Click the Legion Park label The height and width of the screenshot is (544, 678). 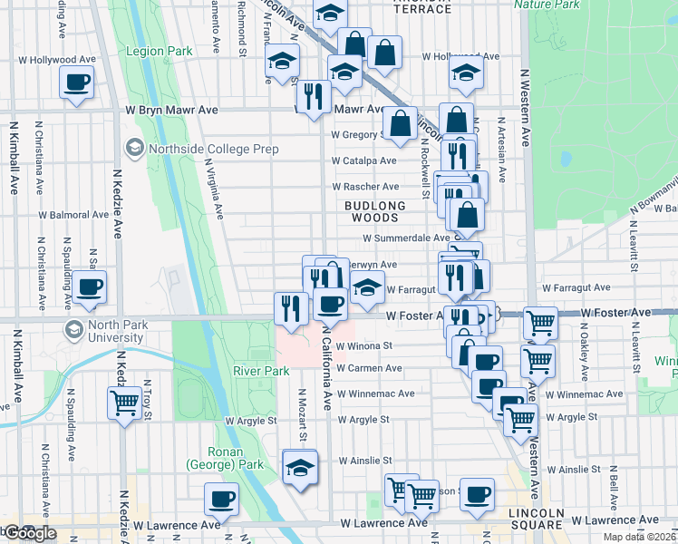click(160, 52)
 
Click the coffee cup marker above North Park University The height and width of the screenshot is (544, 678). click(90, 287)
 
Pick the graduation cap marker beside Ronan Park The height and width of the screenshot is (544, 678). click(298, 467)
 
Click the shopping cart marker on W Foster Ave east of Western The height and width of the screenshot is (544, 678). click(540, 322)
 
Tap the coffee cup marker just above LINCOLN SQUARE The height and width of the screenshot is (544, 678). click(477, 494)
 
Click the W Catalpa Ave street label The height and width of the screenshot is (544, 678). click(364, 160)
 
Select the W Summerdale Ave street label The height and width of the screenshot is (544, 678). click(406, 238)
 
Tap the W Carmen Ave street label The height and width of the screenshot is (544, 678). click(368, 368)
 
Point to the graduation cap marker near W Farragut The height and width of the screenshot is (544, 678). click(366, 287)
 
